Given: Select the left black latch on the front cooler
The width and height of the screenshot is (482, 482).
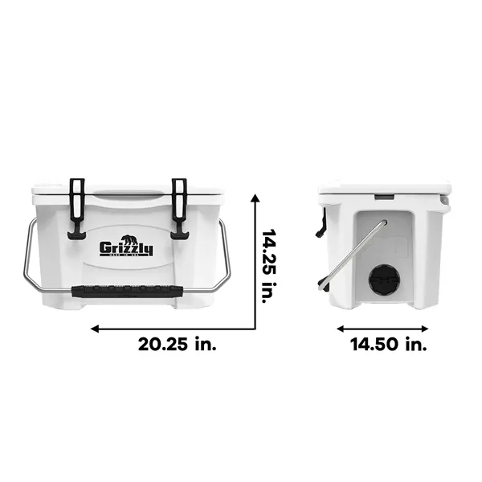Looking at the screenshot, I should tap(78, 208).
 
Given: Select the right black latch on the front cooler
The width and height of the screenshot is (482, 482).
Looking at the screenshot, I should tap(179, 208).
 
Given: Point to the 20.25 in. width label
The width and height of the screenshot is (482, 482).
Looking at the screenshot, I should tap(177, 345).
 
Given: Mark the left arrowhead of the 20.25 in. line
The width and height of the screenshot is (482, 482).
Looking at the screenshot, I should tap(95, 328).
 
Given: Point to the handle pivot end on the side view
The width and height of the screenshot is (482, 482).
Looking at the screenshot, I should tap(383, 223).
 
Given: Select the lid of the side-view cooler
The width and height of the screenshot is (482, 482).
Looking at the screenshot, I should tap(384, 189).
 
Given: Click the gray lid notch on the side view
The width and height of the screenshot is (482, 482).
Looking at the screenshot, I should tap(384, 196).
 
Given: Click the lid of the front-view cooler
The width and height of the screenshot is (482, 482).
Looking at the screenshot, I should tap(129, 191).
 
